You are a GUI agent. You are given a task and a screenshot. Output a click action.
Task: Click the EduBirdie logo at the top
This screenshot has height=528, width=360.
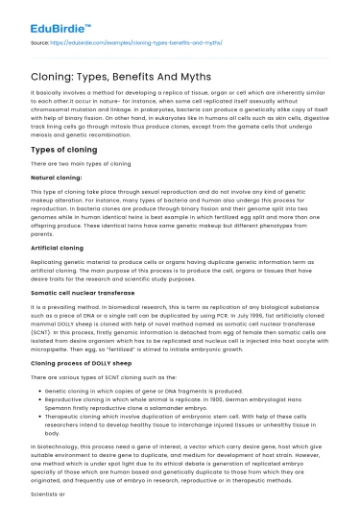[47, 17]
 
